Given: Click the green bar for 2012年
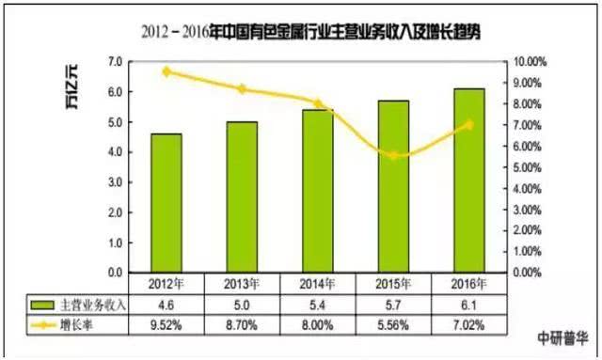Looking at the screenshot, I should [166, 203].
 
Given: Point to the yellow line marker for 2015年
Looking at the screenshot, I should [392, 155].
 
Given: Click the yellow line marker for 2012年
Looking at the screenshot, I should [166, 71].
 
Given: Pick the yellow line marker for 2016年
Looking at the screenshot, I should [467, 124].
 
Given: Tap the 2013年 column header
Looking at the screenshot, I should [242, 283].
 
